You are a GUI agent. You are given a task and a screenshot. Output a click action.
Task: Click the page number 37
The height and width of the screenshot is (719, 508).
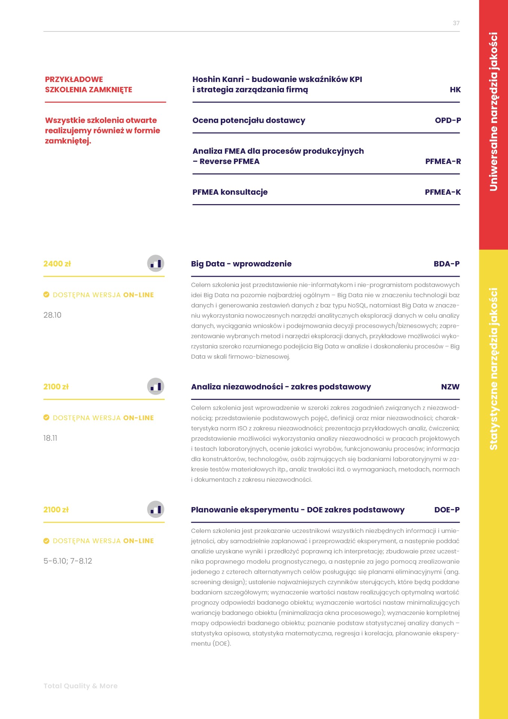point(456,23)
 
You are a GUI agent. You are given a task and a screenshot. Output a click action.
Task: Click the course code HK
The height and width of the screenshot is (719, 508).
point(455,90)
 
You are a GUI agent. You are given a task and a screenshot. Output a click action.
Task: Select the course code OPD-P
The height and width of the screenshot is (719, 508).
point(448,120)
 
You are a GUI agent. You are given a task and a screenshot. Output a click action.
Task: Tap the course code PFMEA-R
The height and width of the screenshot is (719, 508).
point(443,161)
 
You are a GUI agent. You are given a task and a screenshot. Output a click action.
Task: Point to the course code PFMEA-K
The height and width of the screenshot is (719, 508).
point(442,192)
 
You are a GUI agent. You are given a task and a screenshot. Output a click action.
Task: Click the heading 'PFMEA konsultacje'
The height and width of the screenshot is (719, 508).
point(230,192)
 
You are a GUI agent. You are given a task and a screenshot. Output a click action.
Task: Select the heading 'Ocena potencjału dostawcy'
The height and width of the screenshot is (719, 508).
point(249,120)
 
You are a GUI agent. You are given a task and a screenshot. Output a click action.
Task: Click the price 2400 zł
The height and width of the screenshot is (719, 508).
point(57,264)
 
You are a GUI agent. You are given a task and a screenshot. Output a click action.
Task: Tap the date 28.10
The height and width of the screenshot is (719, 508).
point(52,315)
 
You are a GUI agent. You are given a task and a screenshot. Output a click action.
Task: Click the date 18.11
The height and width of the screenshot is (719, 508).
point(50,438)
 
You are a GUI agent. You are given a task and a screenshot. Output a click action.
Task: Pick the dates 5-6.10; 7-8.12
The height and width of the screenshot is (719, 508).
point(68,561)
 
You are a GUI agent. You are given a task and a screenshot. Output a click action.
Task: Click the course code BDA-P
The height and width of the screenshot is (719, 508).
point(446,264)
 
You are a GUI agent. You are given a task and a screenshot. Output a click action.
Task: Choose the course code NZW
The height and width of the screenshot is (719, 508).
point(450,387)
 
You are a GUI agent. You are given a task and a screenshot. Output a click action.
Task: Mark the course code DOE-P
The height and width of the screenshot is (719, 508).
point(447,510)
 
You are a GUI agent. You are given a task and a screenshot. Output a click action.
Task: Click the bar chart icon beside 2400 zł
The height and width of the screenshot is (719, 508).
point(155,264)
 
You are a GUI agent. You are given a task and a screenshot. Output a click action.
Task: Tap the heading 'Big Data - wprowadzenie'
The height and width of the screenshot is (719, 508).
point(241,264)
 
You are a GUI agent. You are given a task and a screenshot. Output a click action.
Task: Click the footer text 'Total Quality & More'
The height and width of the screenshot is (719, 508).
point(80,686)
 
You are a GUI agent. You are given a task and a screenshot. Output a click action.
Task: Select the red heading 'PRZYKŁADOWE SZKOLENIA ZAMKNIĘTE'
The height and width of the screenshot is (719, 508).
point(88,84)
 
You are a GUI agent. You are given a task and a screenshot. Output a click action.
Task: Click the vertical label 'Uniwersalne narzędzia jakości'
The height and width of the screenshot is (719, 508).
point(493,112)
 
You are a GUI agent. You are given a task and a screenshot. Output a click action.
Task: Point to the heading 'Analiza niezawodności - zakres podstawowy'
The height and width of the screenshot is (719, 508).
point(281,387)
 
